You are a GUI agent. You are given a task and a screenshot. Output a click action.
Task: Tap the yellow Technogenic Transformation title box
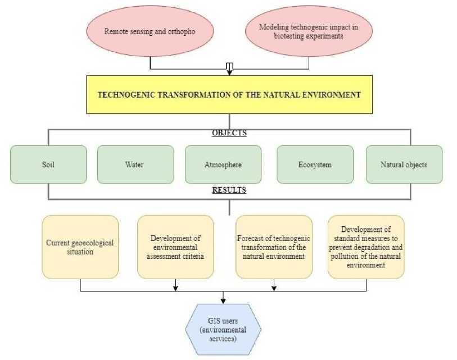pyautogui.click(x=229, y=95)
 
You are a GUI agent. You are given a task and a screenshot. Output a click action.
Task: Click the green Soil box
pyautogui.click(x=48, y=165)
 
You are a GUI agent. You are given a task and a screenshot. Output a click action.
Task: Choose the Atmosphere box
pyautogui.click(x=223, y=165)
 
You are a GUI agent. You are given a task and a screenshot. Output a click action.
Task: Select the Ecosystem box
pyautogui.click(x=315, y=165)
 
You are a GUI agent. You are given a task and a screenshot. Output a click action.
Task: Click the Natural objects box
pyautogui.click(x=404, y=165)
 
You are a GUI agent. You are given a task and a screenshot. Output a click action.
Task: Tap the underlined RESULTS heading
pyautogui.click(x=228, y=190)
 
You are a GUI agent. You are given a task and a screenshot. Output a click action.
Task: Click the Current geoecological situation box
pyautogui.click(x=80, y=247)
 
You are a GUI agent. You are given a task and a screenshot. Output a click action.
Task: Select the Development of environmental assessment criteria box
pyautogui.click(x=175, y=247)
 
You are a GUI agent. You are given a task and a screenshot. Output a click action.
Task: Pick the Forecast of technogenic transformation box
pyautogui.click(x=274, y=247)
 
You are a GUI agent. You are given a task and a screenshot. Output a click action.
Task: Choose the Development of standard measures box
pyautogui.click(x=366, y=247)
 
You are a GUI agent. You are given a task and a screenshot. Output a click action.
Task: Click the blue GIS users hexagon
pyautogui.click(x=224, y=327)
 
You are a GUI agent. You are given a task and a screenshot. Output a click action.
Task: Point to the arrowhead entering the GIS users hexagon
pyautogui.click(x=224, y=300)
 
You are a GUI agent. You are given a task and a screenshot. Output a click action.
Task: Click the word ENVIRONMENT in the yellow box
pyautogui.click(x=332, y=95)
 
